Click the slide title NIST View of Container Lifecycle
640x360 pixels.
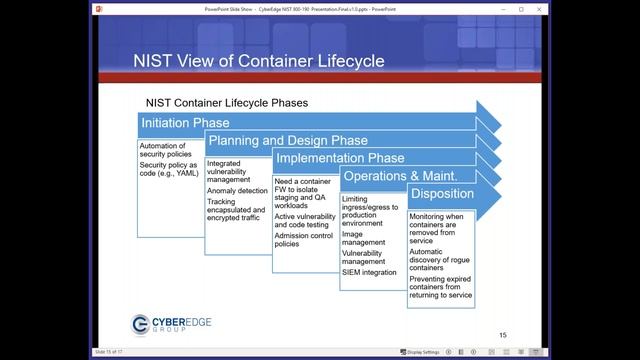tap(258, 61)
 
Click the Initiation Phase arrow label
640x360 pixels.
tap(185, 123)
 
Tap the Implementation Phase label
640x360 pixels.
tap(340, 158)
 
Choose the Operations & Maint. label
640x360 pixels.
tap(394, 176)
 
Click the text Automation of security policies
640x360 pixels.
tap(164, 150)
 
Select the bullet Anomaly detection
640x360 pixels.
tap(237, 190)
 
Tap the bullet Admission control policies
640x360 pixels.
tap(302, 238)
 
